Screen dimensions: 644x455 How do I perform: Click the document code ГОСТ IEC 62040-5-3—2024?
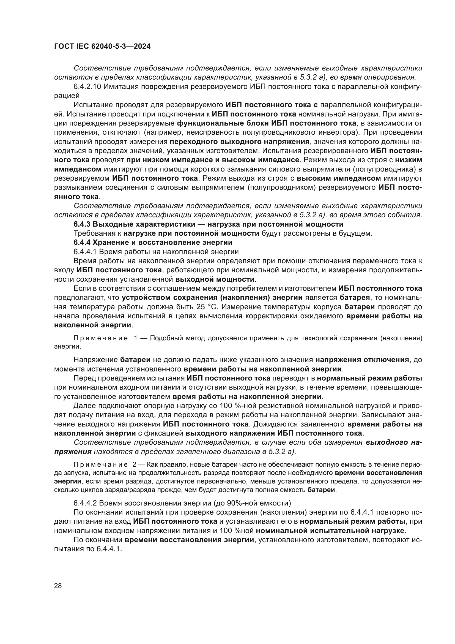102,46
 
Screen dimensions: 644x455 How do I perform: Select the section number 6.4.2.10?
87,87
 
